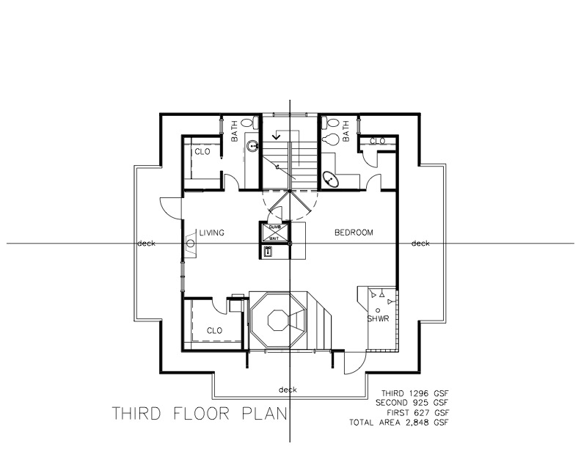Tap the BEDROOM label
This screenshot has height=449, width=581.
pyautogui.click(x=354, y=233)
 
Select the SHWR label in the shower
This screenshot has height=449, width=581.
pyautogui.click(x=378, y=319)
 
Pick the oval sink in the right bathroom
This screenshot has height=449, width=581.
pyautogui.click(x=331, y=178)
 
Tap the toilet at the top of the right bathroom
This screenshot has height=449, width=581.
pyautogui.click(x=332, y=137)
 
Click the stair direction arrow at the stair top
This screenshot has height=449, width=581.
pyautogui.click(x=277, y=135)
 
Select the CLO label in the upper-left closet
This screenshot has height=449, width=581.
pyautogui.click(x=202, y=152)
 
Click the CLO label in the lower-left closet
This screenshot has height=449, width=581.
pyautogui.click(x=214, y=330)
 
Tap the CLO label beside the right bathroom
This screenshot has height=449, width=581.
pyautogui.click(x=378, y=141)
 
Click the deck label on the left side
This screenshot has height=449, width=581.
pyautogui.click(x=145, y=244)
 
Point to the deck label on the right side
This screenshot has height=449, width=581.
pyautogui.click(x=420, y=244)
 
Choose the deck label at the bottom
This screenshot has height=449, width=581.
pyautogui.click(x=288, y=389)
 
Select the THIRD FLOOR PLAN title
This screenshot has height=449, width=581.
pyautogui.click(x=198, y=415)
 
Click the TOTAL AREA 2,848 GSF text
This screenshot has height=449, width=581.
pyautogui.click(x=400, y=423)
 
